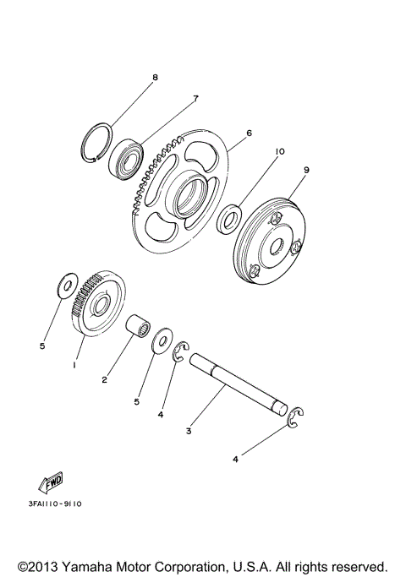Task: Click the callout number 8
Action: click(x=155, y=78)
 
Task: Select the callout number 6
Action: click(x=250, y=133)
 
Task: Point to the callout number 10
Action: click(x=279, y=151)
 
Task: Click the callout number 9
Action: click(x=306, y=169)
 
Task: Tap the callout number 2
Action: click(x=105, y=379)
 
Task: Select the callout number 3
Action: click(x=190, y=431)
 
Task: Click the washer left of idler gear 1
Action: click(x=63, y=286)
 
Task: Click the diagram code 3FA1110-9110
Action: click(x=54, y=504)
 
